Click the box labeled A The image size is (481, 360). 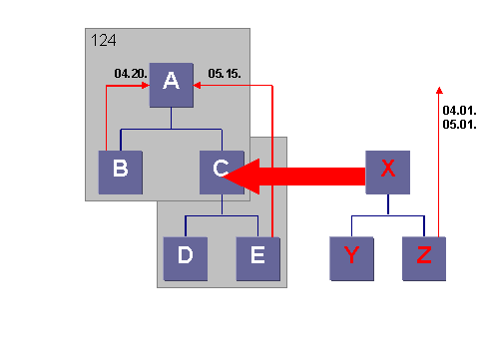pos(171,86)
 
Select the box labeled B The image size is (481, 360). pos(121,172)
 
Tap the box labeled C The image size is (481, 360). pos(221,172)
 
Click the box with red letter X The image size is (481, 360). pos(388,172)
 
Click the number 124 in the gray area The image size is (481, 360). pos(105,41)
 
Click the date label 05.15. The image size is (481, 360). pos(223,73)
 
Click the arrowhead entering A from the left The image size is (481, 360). pos(145,87)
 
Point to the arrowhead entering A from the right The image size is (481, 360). pos(198,87)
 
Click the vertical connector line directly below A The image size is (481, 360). pos(172,118)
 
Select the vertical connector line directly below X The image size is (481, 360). pos(388,203)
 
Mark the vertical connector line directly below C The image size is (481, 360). pos(222,203)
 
